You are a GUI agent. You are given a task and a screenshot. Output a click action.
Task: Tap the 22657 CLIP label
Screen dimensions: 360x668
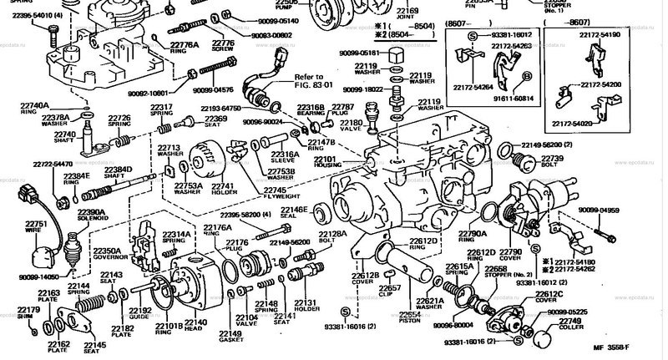point(392,292)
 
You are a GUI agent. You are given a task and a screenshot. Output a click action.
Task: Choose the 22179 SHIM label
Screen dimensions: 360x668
point(28,312)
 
